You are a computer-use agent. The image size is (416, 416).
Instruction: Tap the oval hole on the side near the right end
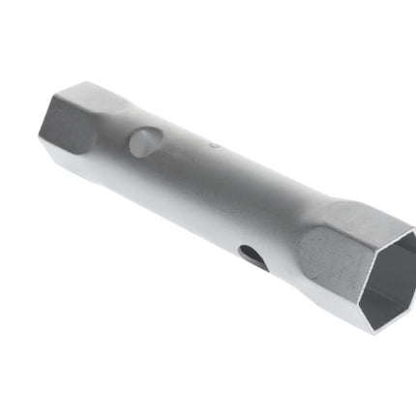[250, 256]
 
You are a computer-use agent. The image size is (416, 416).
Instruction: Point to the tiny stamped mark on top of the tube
[215, 148]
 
